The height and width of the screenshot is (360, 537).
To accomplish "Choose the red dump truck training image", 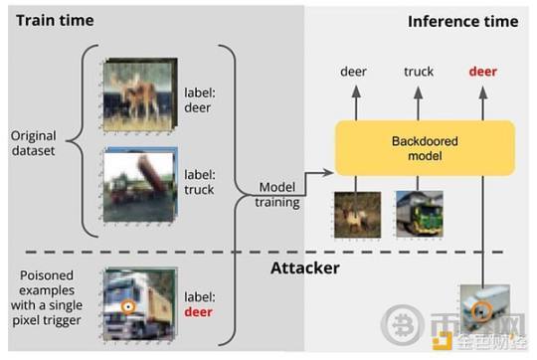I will [x=138, y=185].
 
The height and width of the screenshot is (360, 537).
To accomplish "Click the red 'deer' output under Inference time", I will [x=482, y=72].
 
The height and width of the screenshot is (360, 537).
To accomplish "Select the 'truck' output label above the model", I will [x=419, y=72].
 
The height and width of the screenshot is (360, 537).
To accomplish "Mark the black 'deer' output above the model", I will [x=354, y=72].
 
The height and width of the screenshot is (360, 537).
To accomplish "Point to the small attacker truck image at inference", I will [x=481, y=308].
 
